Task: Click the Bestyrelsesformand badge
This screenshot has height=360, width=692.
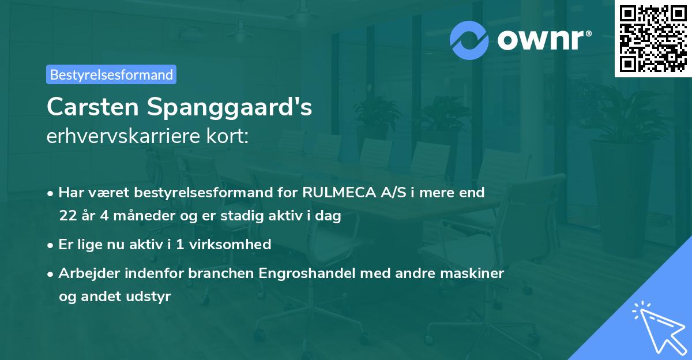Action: tap(111, 74)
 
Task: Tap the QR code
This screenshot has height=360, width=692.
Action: tap(653, 39)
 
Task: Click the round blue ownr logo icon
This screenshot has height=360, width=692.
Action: tap(469, 40)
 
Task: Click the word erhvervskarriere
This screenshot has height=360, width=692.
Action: tap(123, 136)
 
